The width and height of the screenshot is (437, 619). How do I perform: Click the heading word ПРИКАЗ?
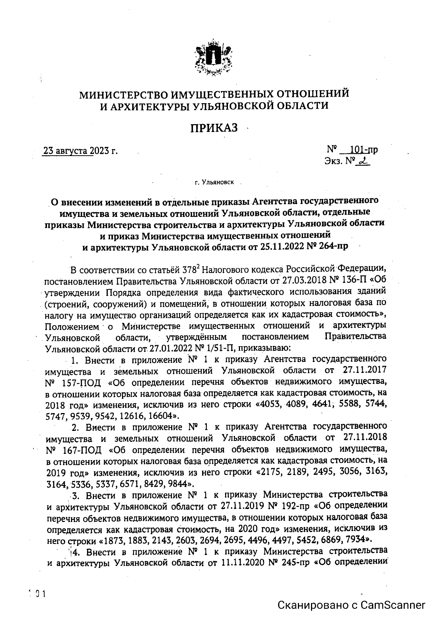click(x=214, y=128)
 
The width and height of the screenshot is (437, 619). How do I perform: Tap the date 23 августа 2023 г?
click(x=80, y=151)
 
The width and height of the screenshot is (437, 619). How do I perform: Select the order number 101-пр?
click(x=363, y=150)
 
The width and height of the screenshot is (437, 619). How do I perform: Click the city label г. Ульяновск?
click(x=214, y=182)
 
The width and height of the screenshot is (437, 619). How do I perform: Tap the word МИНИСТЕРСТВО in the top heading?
click(x=123, y=94)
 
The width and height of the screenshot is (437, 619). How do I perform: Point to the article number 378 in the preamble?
click(x=189, y=270)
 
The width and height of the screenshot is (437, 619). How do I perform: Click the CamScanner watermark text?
click(x=351, y=605)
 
